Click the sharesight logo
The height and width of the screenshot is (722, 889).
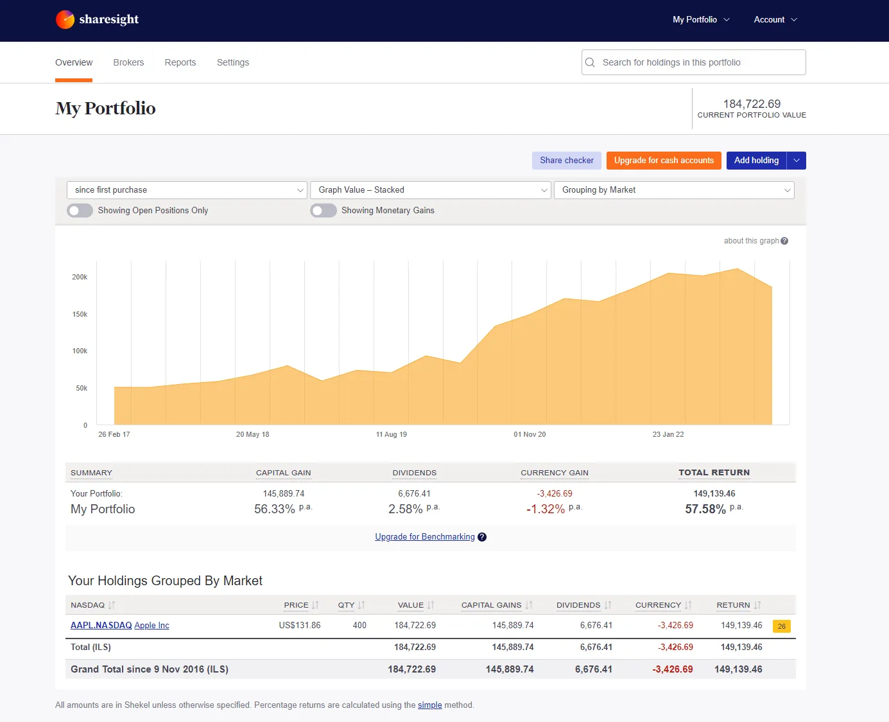point(98,20)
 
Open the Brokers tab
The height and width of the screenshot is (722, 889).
point(128,62)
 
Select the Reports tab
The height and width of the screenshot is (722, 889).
point(180,62)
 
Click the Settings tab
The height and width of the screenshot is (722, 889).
point(233,62)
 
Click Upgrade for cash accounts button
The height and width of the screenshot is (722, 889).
point(664,161)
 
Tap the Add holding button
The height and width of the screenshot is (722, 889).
point(756,161)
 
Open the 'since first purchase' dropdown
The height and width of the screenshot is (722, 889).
point(187,190)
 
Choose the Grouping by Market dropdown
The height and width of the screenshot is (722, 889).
point(674,190)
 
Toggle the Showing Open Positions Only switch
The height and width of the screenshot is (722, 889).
point(80,211)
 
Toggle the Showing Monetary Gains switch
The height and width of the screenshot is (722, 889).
point(324,211)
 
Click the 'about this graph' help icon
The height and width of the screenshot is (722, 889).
point(784,241)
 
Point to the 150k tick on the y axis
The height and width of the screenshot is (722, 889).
point(80,314)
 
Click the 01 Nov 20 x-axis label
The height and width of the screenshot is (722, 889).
point(530,434)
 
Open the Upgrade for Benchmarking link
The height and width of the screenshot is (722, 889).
point(425,537)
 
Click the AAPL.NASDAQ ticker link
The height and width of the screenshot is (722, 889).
point(101,625)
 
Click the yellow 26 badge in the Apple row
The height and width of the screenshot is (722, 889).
point(781,626)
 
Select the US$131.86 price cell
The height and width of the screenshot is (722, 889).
point(300,625)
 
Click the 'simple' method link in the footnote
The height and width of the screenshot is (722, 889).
point(429,705)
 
